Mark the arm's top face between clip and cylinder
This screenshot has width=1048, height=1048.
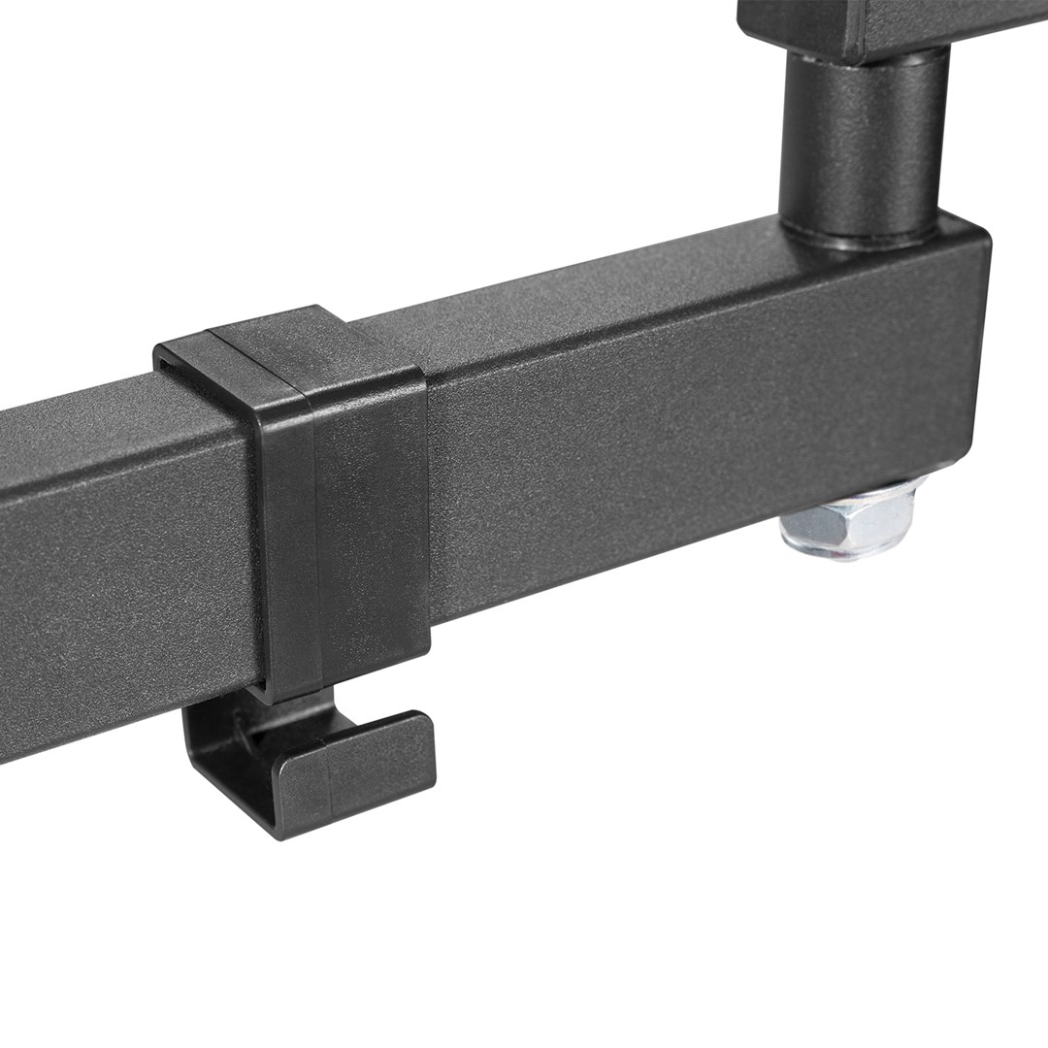[x=602, y=291]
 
